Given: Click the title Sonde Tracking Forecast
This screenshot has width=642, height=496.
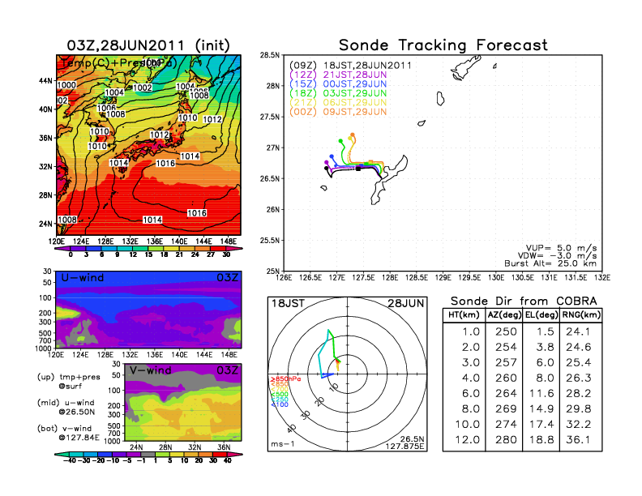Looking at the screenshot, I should (443, 45).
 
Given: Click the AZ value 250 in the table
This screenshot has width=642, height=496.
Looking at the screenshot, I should (504, 331).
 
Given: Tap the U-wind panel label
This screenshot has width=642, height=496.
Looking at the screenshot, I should (82, 279).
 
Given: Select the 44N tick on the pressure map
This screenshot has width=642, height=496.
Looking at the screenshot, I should (45, 81).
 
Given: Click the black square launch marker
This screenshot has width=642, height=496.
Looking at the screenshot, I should (357, 169).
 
